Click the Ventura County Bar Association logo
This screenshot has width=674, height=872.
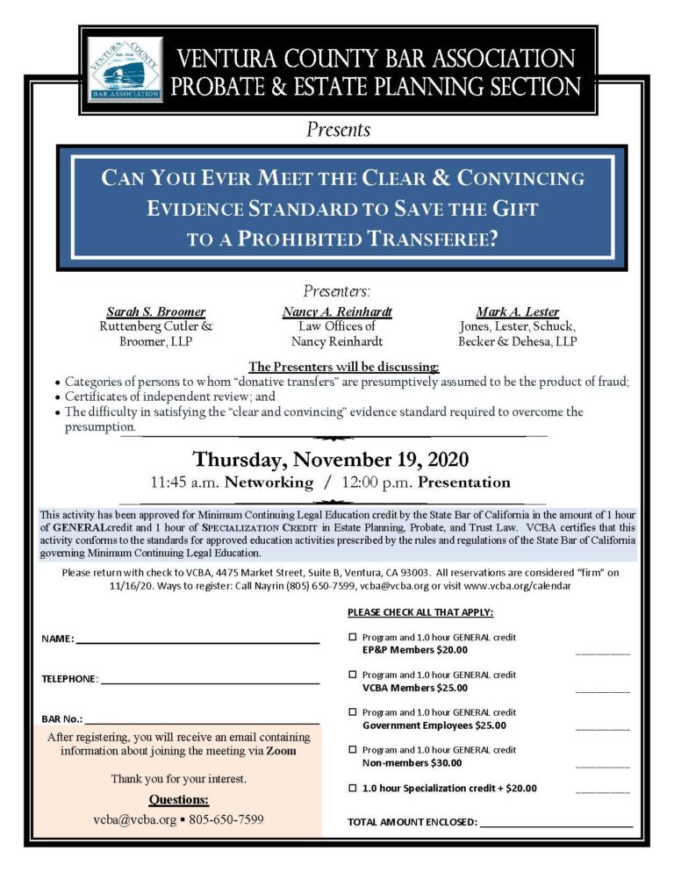[125, 68]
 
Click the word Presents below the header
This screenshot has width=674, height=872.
[338, 130]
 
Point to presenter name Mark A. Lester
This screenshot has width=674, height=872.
[517, 311]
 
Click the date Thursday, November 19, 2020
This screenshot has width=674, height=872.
[331, 459]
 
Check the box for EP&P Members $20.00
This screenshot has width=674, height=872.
[353, 638]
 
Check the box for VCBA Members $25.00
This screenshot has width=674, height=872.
[353, 675]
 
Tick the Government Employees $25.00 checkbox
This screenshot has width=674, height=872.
[353, 712]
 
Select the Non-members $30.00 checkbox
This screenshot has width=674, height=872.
[353, 750]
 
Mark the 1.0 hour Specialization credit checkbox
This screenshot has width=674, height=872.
[353, 788]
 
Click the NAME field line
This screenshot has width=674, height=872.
[197, 642]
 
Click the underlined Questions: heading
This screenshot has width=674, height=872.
[178, 799]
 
